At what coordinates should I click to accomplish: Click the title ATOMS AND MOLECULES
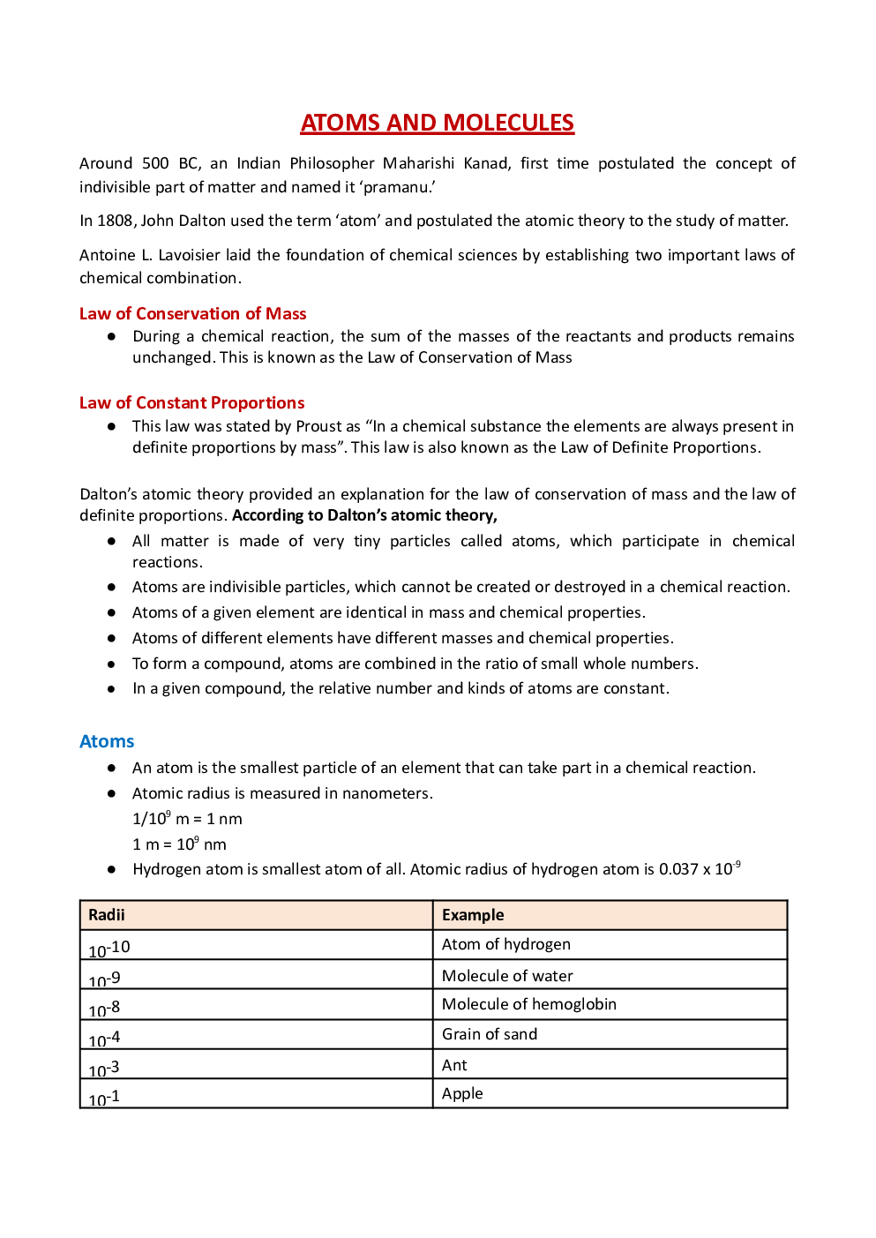(x=438, y=123)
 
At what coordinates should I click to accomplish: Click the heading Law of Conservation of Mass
(x=192, y=313)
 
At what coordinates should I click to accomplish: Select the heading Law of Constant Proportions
(x=191, y=402)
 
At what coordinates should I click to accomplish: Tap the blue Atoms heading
(x=107, y=741)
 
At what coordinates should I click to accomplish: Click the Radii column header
(x=107, y=915)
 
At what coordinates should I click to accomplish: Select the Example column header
(x=473, y=915)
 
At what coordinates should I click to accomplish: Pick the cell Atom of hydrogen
(x=505, y=944)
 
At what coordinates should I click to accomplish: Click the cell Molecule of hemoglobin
(x=528, y=1004)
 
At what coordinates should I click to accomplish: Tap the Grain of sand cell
(x=489, y=1034)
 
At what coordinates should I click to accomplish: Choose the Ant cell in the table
(x=454, y=1065)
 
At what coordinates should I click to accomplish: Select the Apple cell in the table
(x=462, y=1093)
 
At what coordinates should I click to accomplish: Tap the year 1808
(x=115, y=221)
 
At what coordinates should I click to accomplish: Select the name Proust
(x=318, y=426)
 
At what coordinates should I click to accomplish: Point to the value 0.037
(x=678, y=869)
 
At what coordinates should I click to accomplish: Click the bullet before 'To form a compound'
(x=112, y=664)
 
